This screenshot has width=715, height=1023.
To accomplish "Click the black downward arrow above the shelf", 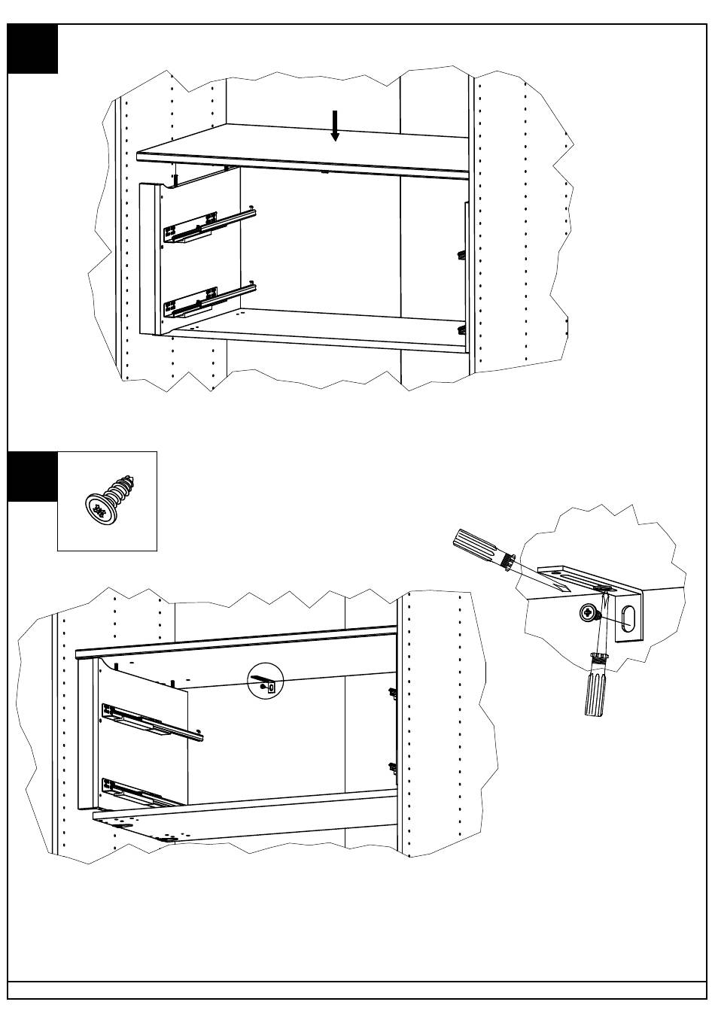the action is click(335, 126).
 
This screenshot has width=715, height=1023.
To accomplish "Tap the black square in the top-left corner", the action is click(32, 49).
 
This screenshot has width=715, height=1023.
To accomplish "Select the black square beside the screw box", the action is click(32, 476).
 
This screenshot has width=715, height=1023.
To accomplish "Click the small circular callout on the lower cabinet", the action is click(265, 681).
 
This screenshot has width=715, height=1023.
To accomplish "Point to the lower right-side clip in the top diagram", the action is click(462, 328).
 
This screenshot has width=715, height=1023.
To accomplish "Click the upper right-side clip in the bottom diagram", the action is click(391, 692).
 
